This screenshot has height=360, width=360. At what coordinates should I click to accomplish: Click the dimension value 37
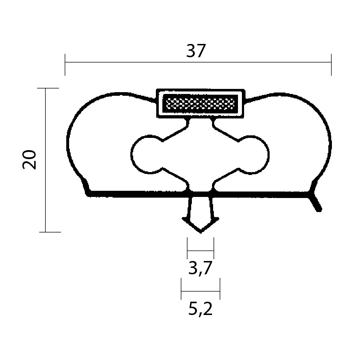(x=196, y=51)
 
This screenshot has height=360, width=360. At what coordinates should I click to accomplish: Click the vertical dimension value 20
(x=29, y=160)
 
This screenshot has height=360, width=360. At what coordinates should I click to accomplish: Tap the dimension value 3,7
(x=200, y=268)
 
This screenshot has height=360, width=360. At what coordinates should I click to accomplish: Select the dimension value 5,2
(x=201, y=309)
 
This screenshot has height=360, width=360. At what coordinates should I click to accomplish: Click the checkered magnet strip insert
(x=200, y=104)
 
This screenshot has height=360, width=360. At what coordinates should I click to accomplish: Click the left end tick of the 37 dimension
(x=65, y=65)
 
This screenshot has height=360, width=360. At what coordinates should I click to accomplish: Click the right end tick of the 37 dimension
(x=331, y=65)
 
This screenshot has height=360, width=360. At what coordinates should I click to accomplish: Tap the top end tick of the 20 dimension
(x=48, y=88)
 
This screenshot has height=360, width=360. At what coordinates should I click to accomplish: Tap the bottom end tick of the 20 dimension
(x=50, y=232)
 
